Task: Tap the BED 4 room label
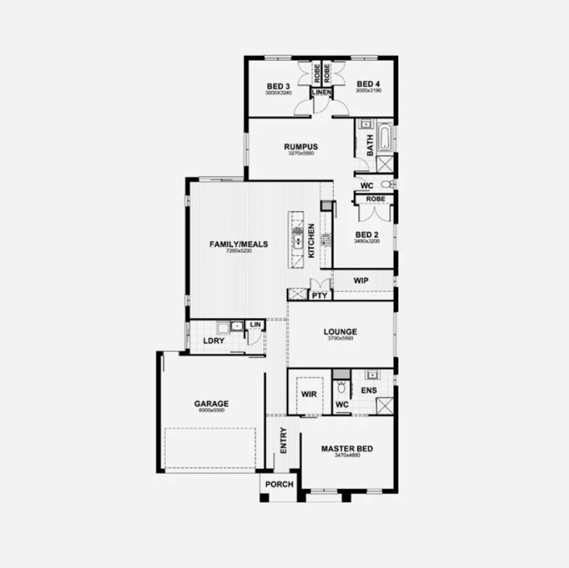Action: click(368, 83)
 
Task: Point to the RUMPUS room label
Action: click(301, 147)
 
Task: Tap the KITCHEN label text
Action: click(312, 241)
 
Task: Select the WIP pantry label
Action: click(361, 280)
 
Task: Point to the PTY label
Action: click(319, 296)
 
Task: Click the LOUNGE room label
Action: click(340, 332)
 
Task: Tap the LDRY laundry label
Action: click(213, 341)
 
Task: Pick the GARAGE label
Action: click(211, 404)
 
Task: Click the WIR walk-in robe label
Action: click(309, 395)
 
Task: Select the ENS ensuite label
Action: click(368, 389)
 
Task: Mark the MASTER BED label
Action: click(347, 449)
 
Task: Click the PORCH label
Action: click(279, 485)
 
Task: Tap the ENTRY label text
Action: click(283, 440)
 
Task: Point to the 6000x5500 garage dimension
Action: click(211, 410)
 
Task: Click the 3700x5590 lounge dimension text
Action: click(340, 339)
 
